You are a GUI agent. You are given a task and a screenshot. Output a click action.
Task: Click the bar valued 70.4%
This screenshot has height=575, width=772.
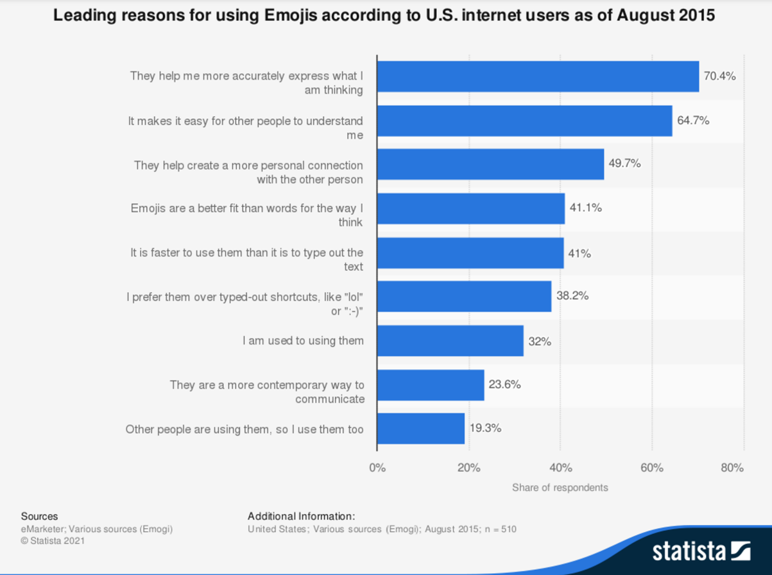coord(538,77)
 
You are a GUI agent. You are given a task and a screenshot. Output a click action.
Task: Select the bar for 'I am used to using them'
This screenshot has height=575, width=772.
coord(450,341)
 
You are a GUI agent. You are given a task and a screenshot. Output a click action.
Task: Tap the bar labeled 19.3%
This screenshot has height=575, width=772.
coord(420,429)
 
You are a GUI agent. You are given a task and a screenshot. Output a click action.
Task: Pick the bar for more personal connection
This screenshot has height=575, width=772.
coord(490,164)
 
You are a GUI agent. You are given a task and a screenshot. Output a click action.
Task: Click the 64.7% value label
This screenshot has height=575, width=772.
coord(693,120)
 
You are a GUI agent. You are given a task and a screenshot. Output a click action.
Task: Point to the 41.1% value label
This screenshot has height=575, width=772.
coord(586,208)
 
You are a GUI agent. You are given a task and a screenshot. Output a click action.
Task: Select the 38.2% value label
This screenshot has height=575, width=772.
coord(572,296)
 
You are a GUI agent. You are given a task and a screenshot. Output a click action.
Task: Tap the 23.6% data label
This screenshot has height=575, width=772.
coord(504,384)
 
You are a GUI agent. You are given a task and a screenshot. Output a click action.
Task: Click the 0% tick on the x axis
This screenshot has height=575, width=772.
coord(377,468)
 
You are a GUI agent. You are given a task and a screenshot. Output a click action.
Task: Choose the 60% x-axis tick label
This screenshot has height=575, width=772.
coord(652,468)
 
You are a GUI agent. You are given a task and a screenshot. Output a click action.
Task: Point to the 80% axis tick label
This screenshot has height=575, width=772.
coord(732,468)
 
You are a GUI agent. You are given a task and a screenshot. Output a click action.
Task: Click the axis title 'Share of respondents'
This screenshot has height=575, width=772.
coord(560,488)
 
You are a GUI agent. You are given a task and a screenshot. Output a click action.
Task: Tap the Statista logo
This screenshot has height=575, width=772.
coord(701,551)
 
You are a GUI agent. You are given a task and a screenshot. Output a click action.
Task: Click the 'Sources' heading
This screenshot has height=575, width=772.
coord(39,516)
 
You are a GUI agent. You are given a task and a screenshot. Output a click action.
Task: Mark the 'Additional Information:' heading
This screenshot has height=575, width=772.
coord(301,516)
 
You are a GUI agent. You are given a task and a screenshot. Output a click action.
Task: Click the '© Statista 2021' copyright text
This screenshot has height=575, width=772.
coord(53,541)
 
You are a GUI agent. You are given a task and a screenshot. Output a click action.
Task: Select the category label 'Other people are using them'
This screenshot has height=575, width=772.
coord(244,429)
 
